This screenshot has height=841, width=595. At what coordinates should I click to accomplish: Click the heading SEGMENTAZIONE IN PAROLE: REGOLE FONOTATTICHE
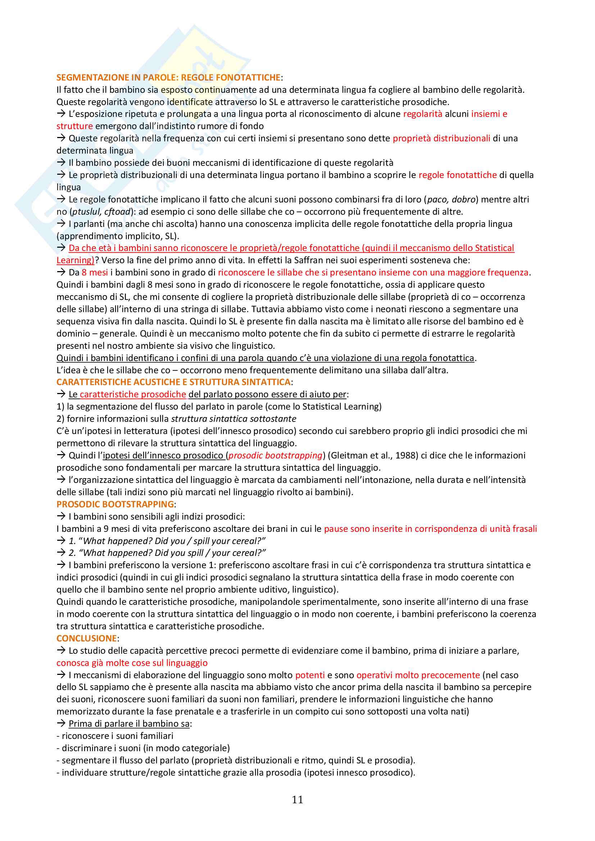click(x=168, y=78)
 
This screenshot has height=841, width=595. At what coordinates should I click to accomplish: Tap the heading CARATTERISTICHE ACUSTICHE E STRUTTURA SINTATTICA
click(x=174, y=382)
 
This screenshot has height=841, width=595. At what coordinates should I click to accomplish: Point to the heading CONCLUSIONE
click(x=87, y=638)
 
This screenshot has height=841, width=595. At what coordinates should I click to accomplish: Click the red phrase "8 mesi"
click(x=95, y=273)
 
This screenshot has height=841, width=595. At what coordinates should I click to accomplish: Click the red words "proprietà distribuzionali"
click(x=441, y=138)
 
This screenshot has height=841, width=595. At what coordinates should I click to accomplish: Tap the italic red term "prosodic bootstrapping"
click(x=275, y=455)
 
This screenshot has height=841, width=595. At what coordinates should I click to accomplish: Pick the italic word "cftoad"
click(x=117, y=212)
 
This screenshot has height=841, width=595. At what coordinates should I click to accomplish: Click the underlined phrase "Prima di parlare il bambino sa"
click(x=129, y=723)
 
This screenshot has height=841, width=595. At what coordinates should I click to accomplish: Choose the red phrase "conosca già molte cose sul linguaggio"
click(x=132, y=663)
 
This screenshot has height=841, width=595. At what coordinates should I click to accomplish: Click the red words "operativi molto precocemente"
click(x=418, y=675)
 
